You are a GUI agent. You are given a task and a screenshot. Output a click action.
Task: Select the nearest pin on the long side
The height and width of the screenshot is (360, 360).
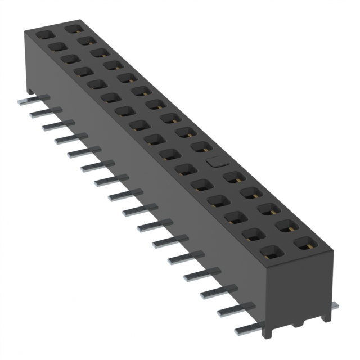click(246, 329)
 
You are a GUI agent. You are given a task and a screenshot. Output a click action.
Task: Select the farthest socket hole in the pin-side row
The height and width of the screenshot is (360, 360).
click(44, 34)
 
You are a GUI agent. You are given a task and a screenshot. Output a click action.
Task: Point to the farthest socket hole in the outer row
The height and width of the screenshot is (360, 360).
click(71, 27)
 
